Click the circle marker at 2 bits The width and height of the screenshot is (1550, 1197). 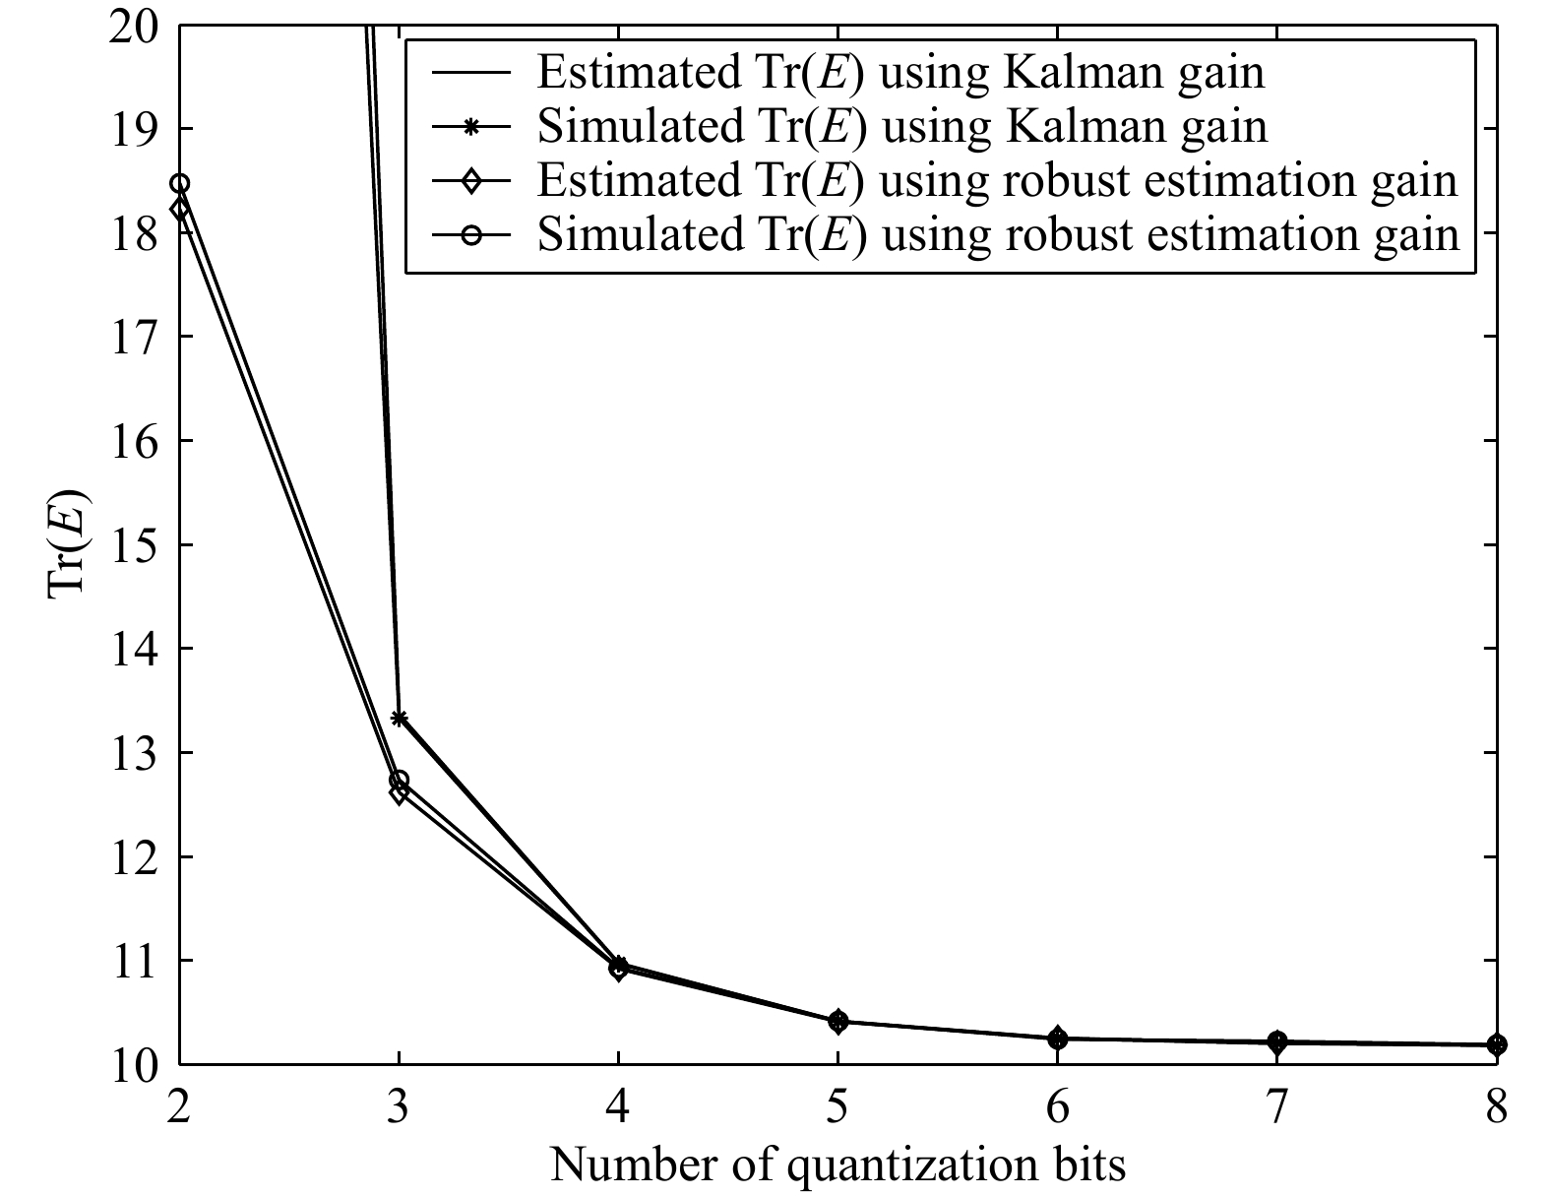click(x=179, y=184)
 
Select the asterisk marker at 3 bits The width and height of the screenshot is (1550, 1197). click(x=399, y=719)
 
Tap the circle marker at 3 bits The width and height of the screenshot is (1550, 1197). click(x=399, y=781)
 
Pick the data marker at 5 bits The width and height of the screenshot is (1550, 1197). click(x=837, y=1021)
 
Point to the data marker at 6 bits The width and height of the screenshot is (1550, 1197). click(x=1057, y=1038)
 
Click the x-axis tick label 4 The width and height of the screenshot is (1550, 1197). click(x=618, y=1109)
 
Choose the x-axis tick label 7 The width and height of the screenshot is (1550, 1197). click(x=1276, y=1109)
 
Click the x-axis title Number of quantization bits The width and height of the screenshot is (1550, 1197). click(x=837, y=1165)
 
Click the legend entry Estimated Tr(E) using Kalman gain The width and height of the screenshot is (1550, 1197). click(x=899, y=74)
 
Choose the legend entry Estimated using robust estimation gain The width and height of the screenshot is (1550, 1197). click(x=996, y=181)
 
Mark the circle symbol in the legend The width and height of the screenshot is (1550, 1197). click(x=471, y=235)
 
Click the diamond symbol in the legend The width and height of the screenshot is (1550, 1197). click(x=471, y=181)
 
